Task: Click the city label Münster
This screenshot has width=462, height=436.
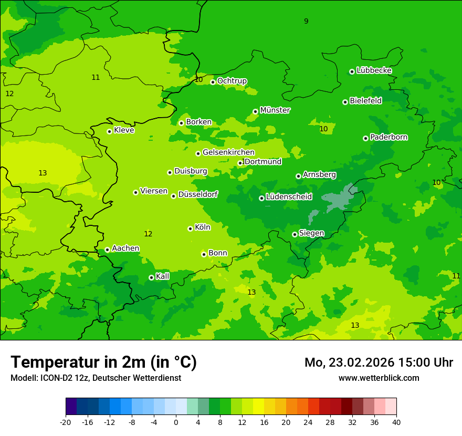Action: coord(275,110)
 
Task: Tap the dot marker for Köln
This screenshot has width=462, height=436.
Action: coord(190,229)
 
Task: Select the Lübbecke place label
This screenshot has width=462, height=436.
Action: coord(374,70)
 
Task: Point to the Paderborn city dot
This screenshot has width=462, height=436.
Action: coord(365,138)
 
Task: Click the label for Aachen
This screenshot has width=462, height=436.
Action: coord(125,248)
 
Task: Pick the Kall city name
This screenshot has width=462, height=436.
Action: coord(162,276)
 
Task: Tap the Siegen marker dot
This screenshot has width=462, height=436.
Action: coord(295,234)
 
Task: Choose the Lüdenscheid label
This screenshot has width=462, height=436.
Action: coord(289,197)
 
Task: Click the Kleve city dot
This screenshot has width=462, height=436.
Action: coord(109,131)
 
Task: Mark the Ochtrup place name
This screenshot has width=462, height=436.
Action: coord(232,81)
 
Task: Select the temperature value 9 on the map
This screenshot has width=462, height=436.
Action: coord(306,21)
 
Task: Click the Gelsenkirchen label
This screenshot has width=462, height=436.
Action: coord(228,152)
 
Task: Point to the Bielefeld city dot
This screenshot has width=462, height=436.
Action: coord(345,102)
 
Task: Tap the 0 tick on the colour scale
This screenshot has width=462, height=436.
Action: coord(176,422)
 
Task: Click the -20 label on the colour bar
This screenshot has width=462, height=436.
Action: coord(66,422)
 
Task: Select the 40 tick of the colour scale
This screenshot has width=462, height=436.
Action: coord(396,422)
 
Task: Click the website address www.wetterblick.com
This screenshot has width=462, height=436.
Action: coord(379,378)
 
